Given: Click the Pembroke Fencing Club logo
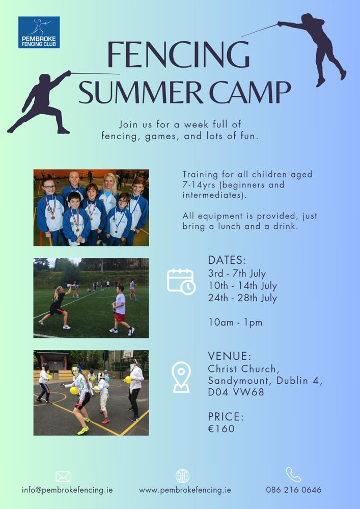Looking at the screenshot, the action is click(x=39, y=32).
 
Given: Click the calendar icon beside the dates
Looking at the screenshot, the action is click(x=181, y=281).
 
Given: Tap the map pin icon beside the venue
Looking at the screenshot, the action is click(x=181, y=377).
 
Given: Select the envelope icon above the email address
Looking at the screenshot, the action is click(x=63, y=476).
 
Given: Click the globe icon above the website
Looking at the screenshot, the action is click(x=183, y=476).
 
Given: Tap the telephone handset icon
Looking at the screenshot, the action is click(x=293, y=474).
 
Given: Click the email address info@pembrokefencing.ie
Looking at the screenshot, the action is click(x=67, y=490).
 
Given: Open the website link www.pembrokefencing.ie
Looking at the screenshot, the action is click(x=185, y=490).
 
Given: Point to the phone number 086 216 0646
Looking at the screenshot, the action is click(x=294, y=490).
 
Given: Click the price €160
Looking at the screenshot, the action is click(x=221, y=428).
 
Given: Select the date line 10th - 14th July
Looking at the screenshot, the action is click(x=242, y=286).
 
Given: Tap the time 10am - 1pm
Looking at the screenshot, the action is click(x=235, y=323).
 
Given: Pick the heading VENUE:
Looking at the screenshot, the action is click(x=230, y=356).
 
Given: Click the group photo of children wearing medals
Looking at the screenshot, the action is click(x=91, y=207).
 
